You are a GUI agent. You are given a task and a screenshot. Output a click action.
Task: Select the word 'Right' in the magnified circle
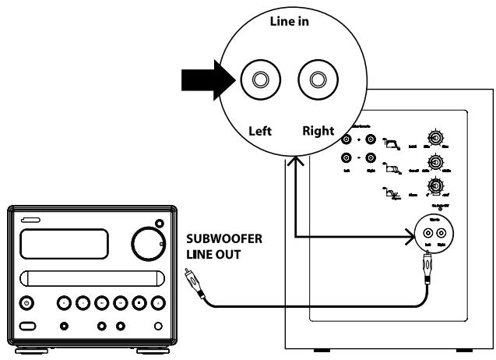[x=318, y=132]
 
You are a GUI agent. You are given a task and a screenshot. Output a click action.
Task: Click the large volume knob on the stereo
[x=149, y=243]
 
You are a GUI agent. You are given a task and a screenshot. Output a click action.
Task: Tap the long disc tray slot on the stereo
[x=90, y=277]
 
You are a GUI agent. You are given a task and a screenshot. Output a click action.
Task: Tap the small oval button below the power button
[x=28, y=324]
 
